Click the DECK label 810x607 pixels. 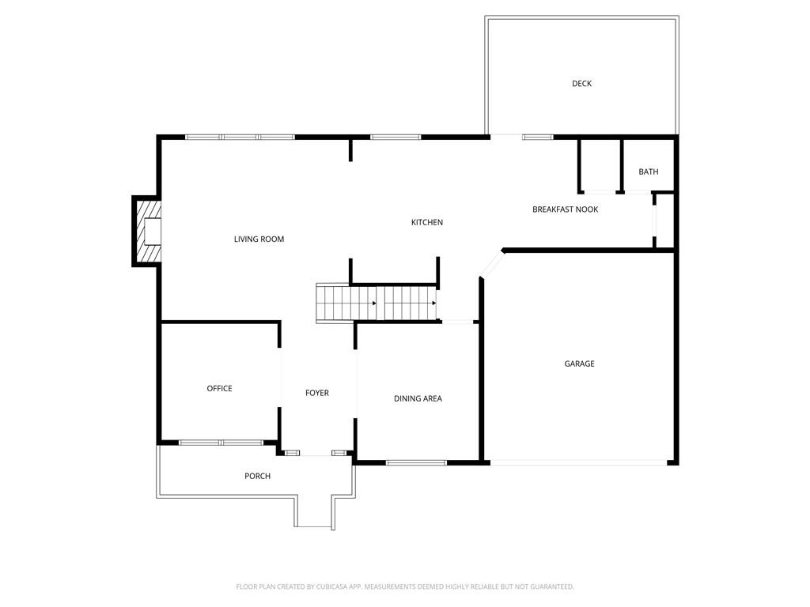[x=581, y=84]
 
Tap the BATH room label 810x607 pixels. [x=648, y=172]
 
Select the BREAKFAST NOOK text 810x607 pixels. [x=565, y=209]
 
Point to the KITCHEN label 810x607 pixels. [x=426, y=223]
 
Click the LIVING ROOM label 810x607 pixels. [x=259, y=239]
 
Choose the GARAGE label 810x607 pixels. [x=579, y=364]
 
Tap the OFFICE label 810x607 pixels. [x=219, y=389]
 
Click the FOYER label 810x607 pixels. [x=316, y=393]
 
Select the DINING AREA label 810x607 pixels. [x=418, y=399]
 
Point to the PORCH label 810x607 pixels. [x=257, y=476]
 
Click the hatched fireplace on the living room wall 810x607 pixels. [x=147, y=232]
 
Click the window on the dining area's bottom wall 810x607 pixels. [x=416, y=462]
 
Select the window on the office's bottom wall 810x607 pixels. [x=221, y=443]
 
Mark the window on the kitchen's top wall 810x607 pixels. [x=396, y=138]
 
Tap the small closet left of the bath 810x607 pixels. [x=600, y=165]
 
